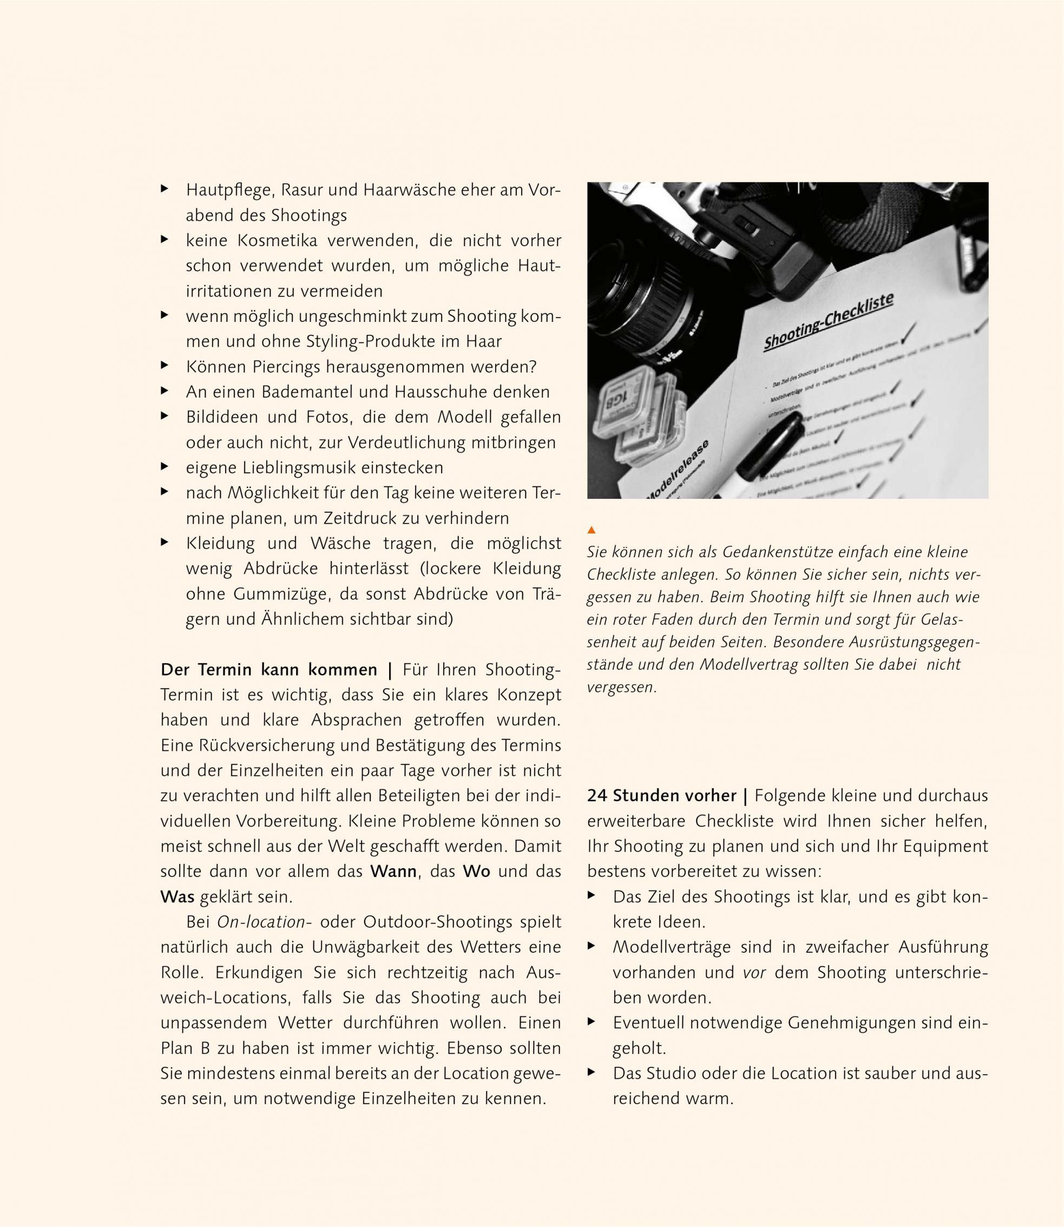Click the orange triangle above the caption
(591, 530)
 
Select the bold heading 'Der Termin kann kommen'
(269, 670)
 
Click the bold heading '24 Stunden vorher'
(661, 795)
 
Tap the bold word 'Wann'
(393, 872)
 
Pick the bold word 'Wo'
(476, 872)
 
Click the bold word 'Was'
(178, 896)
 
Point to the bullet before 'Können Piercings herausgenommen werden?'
(165, 366)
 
